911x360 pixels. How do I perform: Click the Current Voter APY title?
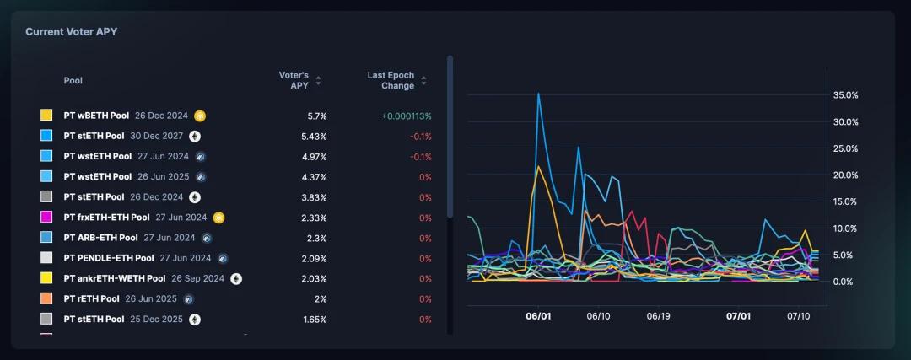click(71, 31)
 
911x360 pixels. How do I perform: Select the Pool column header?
click(73, 80)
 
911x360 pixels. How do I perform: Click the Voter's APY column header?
click(295, 80)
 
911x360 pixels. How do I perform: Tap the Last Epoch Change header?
click(391, 80)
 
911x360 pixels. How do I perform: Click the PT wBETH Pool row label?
click(96, 116)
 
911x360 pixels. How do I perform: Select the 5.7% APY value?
click(316, 116)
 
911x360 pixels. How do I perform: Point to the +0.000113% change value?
click(406, 116)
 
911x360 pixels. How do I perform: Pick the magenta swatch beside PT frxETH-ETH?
click(47, 218)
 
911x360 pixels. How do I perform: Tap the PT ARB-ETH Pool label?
click(100, 238)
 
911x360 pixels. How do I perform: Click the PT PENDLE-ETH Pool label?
click(109, 258)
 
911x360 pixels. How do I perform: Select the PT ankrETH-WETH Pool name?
click(115, 278)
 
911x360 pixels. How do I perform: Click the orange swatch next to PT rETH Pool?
click(47, 298)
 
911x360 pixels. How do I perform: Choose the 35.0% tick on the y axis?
click(845, 95)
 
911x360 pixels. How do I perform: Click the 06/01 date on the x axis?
click(538, 316)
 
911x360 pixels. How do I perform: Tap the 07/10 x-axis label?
click(798, 316)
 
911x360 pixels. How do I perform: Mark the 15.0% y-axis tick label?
click(845, 201)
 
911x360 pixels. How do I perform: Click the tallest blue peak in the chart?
click(538, 94)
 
